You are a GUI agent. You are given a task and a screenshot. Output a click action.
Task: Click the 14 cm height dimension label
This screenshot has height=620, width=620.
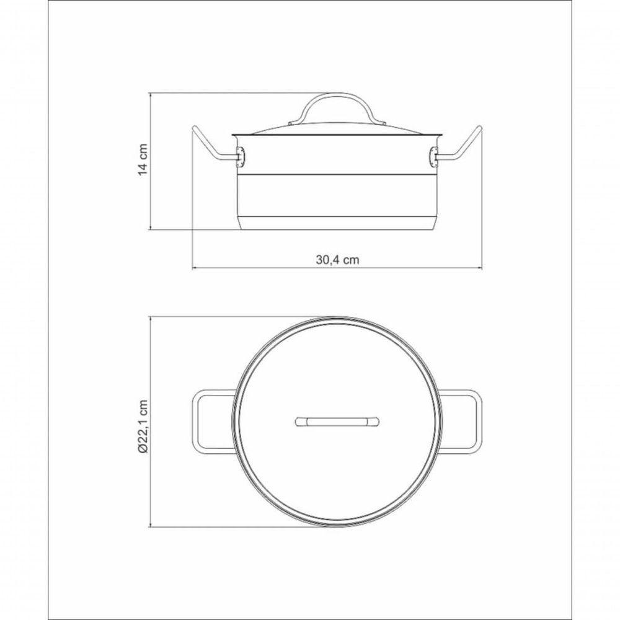143,161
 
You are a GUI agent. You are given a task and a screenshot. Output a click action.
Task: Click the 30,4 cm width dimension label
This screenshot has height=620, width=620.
337,260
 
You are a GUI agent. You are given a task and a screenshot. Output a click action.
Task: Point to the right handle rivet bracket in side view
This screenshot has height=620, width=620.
433,157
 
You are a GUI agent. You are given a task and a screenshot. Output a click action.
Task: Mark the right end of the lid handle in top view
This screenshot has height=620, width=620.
376,422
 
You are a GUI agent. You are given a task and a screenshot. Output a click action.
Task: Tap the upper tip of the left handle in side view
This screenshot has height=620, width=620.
195,130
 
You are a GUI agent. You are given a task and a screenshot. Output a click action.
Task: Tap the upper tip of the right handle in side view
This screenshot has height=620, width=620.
480,130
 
